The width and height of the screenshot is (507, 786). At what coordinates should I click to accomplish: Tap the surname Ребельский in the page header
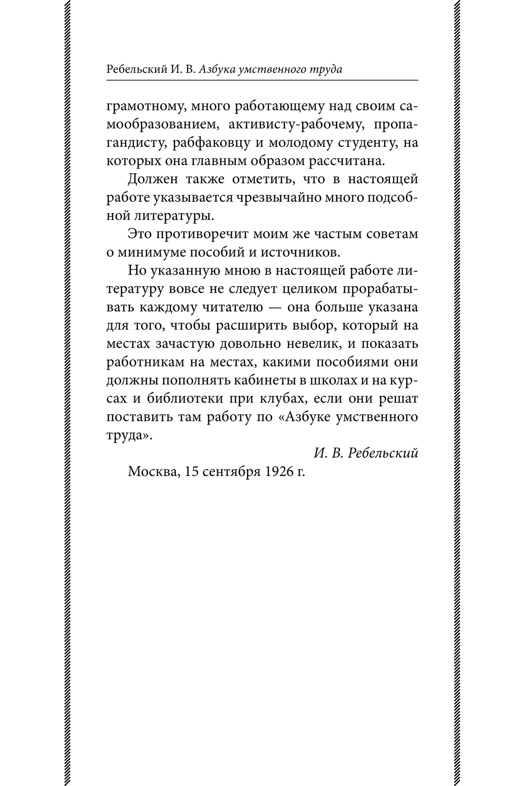coord(134,69)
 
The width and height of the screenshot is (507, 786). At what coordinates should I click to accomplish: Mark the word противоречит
coord(204,234)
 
